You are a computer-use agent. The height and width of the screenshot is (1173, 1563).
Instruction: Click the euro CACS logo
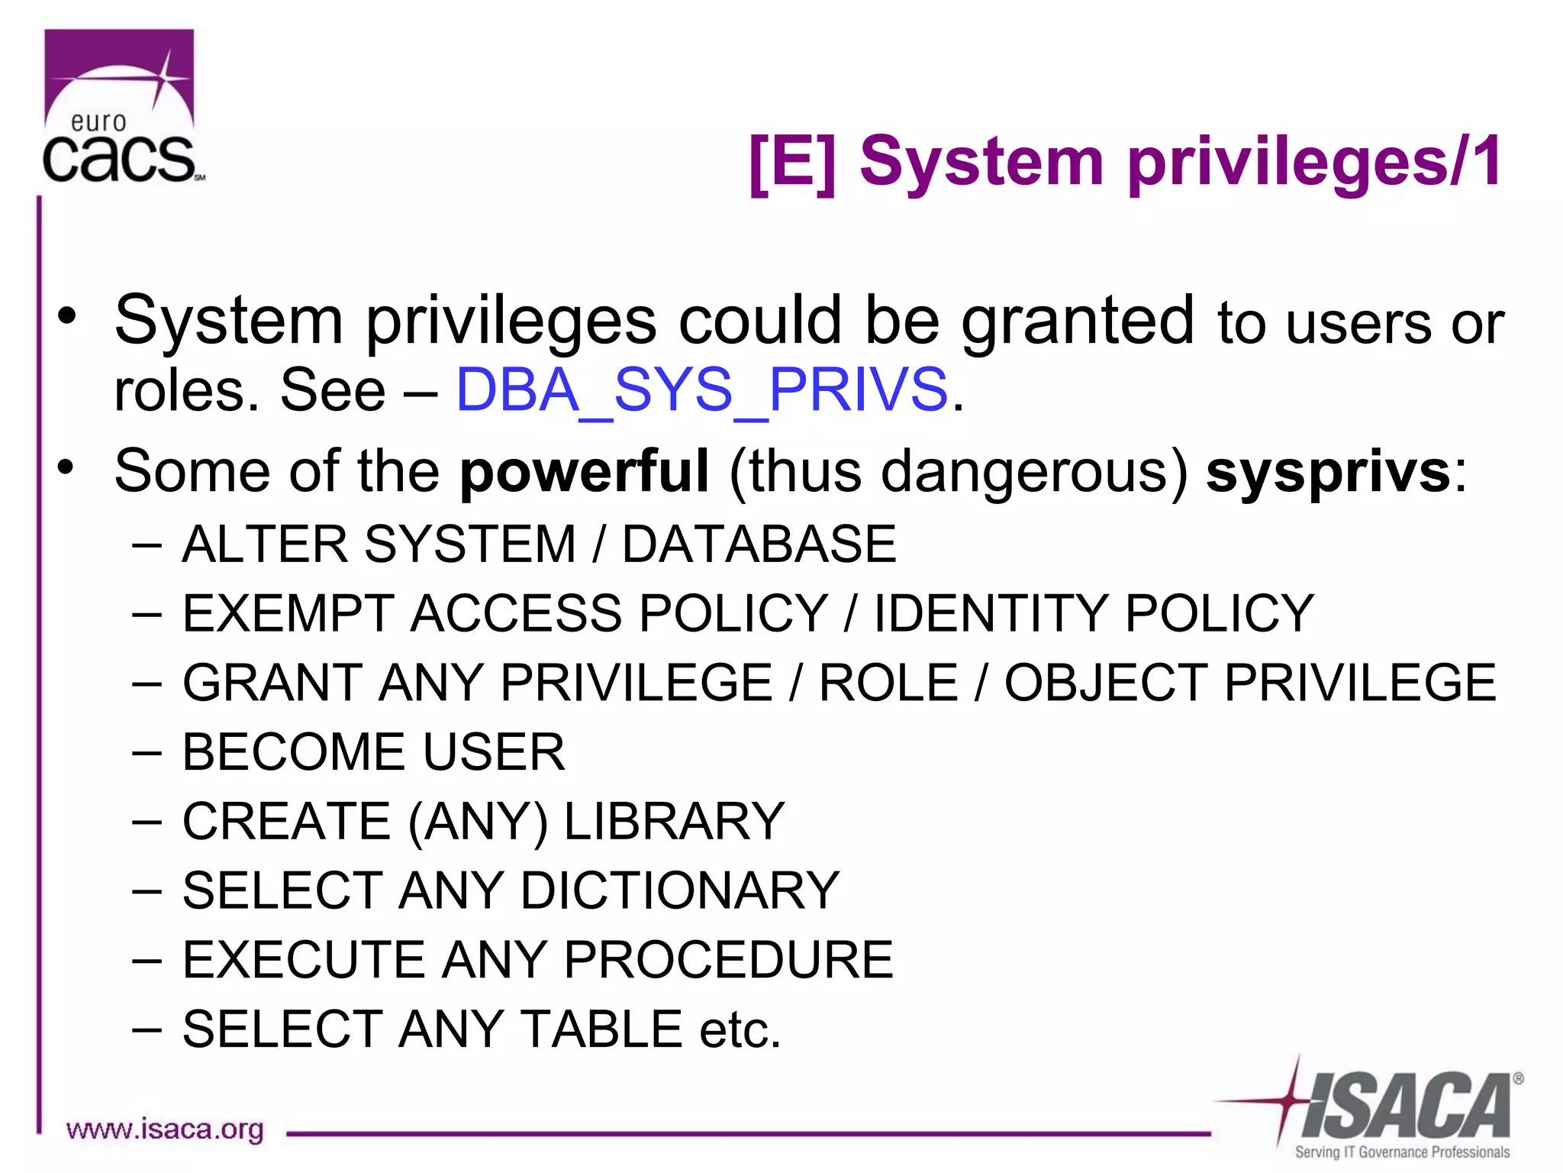pos(121,107)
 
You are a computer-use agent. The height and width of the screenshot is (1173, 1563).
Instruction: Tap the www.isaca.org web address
pos(165,1129)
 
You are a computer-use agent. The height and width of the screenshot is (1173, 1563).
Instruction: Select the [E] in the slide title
pos(792,162)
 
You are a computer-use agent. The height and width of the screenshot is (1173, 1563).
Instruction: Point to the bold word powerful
pos(585,471)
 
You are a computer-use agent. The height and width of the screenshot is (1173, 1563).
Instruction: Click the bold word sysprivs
pos(1328,471)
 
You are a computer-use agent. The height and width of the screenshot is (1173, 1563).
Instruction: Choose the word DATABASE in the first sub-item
pos(759,544)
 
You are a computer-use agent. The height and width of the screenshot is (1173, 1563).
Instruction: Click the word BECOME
pos(293,752)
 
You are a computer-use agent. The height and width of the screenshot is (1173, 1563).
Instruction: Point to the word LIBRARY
pos(675,822)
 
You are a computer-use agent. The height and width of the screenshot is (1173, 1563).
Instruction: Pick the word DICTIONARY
pos(680,890)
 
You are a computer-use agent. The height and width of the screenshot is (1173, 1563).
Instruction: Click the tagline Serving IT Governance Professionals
pos(1402,1152)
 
